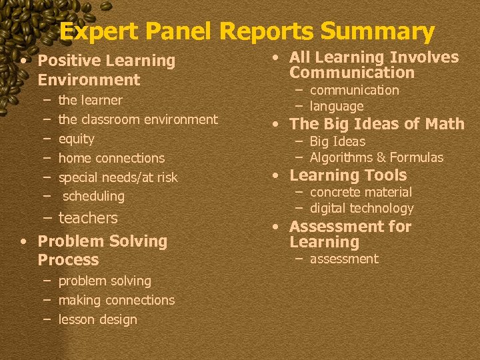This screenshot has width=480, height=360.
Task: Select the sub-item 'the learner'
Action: point(90,101)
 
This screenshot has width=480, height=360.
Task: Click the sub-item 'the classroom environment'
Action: point(138,120)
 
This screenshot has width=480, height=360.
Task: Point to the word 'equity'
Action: point(76,139)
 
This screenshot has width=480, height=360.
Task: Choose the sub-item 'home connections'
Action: point(111,159)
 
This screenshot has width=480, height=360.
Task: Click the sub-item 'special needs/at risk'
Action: point(118,178)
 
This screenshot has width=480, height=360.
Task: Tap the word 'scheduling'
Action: point(93,197)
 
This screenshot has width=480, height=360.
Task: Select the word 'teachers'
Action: point(88,218)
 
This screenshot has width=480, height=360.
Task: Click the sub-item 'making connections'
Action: point(116,301)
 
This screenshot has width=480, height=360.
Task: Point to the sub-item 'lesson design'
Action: point(97,320)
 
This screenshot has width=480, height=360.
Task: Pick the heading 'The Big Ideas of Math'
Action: point(377,124)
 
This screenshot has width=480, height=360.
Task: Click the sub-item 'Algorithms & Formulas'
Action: point(376,158)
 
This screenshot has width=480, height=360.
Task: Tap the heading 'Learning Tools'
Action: point(348,175)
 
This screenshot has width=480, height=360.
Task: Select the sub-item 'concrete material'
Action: point(361,193)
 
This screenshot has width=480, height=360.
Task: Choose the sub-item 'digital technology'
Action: point(361,209)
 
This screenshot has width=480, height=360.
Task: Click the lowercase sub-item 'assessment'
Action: point(344,259)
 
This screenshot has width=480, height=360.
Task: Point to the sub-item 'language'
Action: point(337,107)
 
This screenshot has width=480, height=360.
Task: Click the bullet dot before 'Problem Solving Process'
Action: point(23,241)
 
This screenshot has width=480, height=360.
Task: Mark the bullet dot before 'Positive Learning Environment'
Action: point(23,61)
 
